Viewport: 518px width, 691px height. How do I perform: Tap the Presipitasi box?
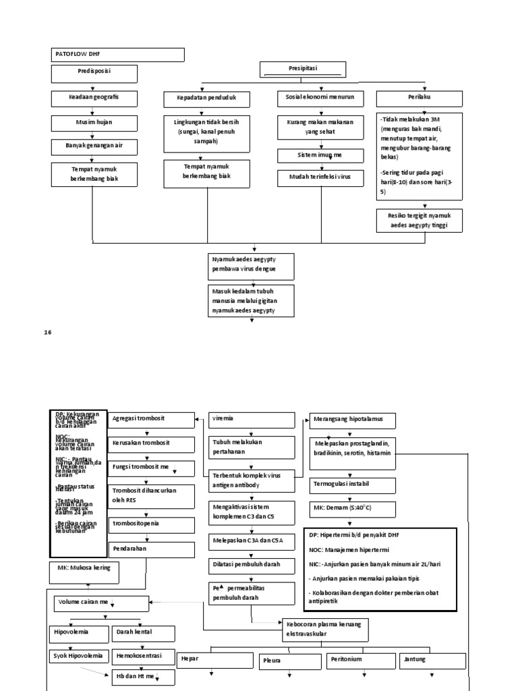(x=303, y=70)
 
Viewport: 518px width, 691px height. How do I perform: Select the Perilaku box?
(x=419, y=99)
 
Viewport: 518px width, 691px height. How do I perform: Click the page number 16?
(x=48, y=332)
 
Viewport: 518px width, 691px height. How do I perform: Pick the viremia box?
(x=251, y=420)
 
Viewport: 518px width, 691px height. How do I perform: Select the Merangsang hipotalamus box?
(x=349, y=420)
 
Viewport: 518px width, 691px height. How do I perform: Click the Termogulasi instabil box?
(x=349, y=485)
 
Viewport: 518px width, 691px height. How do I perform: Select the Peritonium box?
(x=359, y=659)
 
